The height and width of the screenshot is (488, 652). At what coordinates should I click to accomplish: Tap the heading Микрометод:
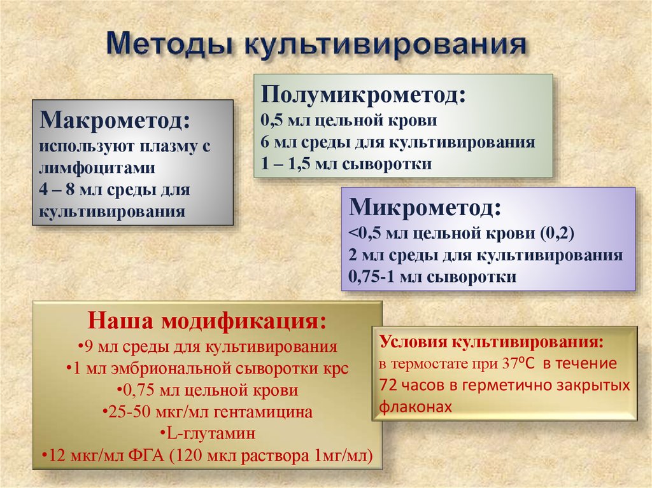(425, 207)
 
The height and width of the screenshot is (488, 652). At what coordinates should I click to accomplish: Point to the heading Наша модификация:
(208, 320)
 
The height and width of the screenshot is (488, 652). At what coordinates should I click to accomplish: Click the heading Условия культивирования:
(491, 342)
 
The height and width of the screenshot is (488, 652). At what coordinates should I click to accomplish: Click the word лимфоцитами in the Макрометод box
(97, 168)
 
